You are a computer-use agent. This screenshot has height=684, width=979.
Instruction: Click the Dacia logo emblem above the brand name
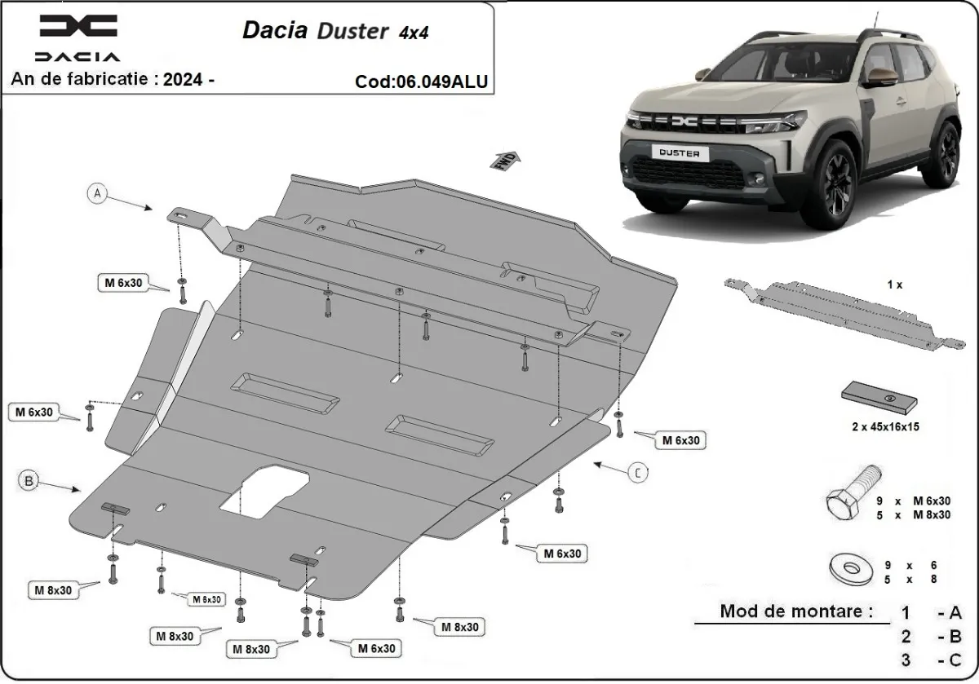(78, 27)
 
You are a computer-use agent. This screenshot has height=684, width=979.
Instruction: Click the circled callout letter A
(97, 193)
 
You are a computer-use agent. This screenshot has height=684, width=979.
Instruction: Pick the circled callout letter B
(29, 482)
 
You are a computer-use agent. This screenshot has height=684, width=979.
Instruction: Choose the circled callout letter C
(639, 470)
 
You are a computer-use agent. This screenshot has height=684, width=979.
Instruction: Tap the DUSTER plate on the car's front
(679, 152)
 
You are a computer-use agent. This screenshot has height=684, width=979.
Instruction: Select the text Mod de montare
(795, 611)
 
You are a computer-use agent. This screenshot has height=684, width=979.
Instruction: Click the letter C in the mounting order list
(955, 660)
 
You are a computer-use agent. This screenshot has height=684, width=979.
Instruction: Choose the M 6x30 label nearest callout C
(681, 440)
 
